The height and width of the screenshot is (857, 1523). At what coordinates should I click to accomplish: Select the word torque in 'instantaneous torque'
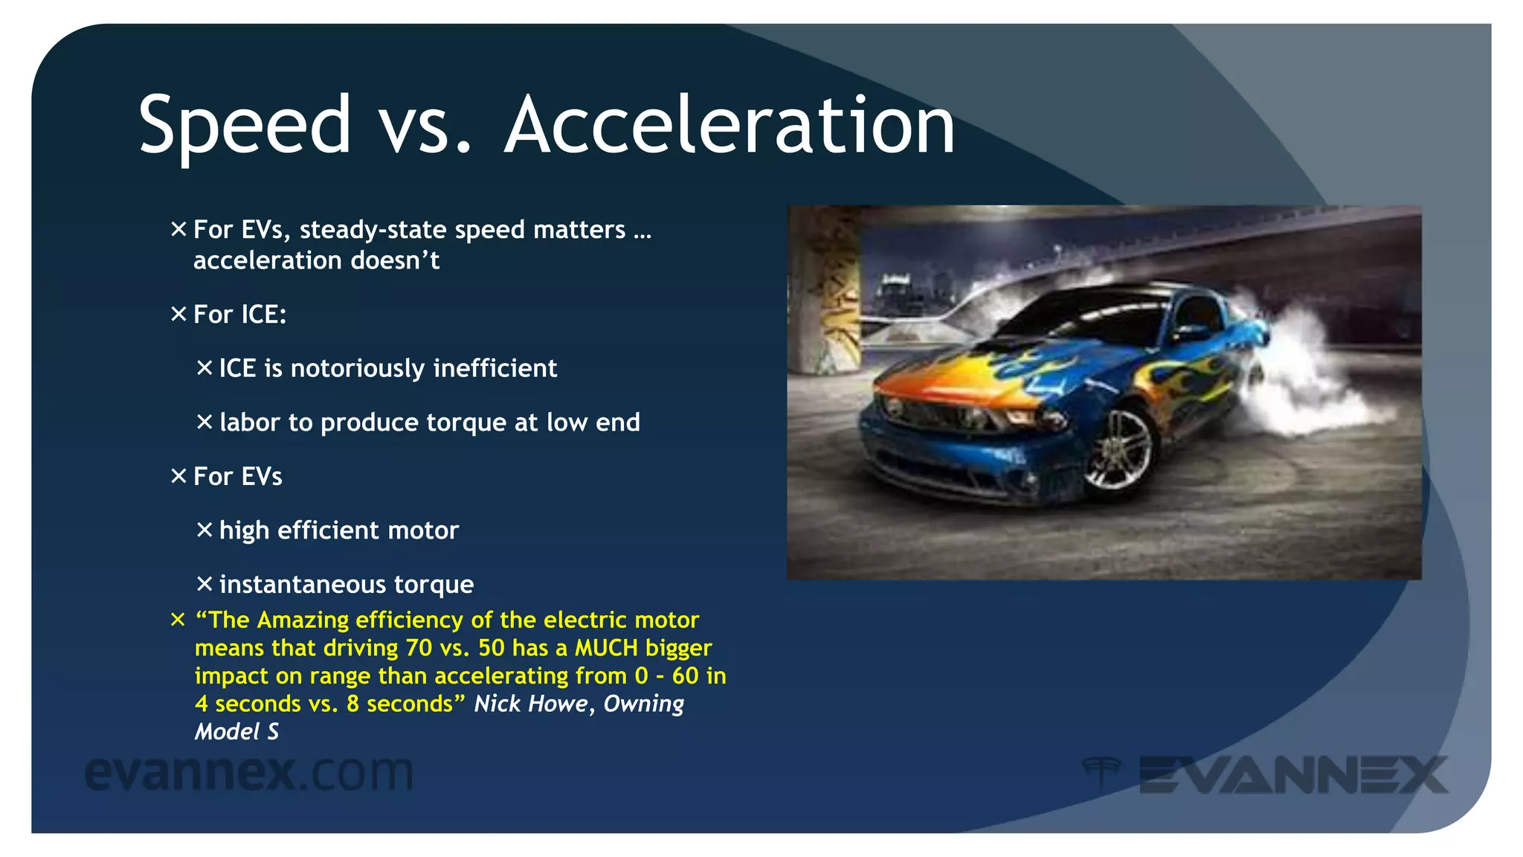[434, 585]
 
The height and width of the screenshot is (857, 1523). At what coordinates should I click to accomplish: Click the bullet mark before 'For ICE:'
[178, 314]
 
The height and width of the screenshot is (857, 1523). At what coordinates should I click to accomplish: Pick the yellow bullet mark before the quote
[178, 620]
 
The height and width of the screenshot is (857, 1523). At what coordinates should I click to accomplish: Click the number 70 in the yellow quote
[419, 648]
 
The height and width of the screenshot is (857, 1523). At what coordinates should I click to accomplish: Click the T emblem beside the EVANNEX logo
[1101, 772]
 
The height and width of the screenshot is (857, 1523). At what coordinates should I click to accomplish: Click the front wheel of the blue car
[1117, 449]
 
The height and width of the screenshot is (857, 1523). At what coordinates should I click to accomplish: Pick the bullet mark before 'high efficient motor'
[205, 530]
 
